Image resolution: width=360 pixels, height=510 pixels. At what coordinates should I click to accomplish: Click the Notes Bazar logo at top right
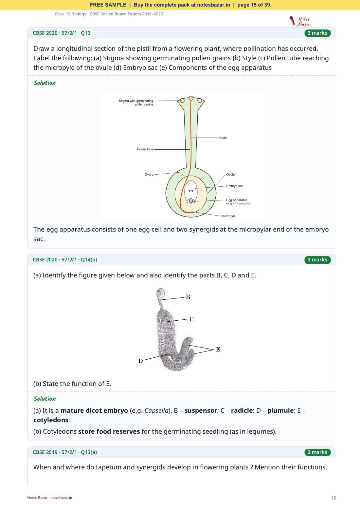(300, 21)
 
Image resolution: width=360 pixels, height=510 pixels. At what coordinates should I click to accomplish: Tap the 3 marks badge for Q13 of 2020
(317, 33)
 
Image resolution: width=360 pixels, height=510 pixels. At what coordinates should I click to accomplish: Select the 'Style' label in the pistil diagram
(223, 138)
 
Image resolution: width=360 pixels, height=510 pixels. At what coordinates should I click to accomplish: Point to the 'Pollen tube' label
(145, 149)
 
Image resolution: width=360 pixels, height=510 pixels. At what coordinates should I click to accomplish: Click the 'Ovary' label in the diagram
(149, 175)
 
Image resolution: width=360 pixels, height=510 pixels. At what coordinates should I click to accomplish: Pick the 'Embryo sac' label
(235, 186)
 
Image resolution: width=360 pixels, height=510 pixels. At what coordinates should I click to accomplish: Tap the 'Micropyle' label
(228, 216)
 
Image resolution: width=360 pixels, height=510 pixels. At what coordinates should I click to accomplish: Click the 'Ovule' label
(230, 175)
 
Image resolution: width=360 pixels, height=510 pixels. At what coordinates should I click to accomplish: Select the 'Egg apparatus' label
(237, 200)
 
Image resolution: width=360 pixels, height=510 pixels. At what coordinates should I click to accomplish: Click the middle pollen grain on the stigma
(191, 98)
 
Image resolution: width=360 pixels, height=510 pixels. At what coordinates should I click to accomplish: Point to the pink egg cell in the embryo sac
(191, 200)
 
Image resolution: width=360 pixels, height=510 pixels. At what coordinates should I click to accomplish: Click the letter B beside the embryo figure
(188, 297)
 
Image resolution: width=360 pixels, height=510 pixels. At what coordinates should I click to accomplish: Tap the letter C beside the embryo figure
(192, 319)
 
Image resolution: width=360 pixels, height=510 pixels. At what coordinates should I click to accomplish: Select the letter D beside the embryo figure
(140, 361)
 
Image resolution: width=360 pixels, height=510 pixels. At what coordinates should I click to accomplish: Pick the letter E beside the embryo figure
(218, 349)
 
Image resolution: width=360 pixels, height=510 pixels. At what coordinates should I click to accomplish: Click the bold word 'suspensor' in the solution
(201, 410)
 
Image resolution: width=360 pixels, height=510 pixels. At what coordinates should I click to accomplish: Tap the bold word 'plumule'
(280, 410)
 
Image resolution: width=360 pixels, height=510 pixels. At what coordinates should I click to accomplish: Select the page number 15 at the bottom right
(333, 498)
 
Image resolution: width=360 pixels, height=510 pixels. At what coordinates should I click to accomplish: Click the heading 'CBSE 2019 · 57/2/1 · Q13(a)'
(65, 452)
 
